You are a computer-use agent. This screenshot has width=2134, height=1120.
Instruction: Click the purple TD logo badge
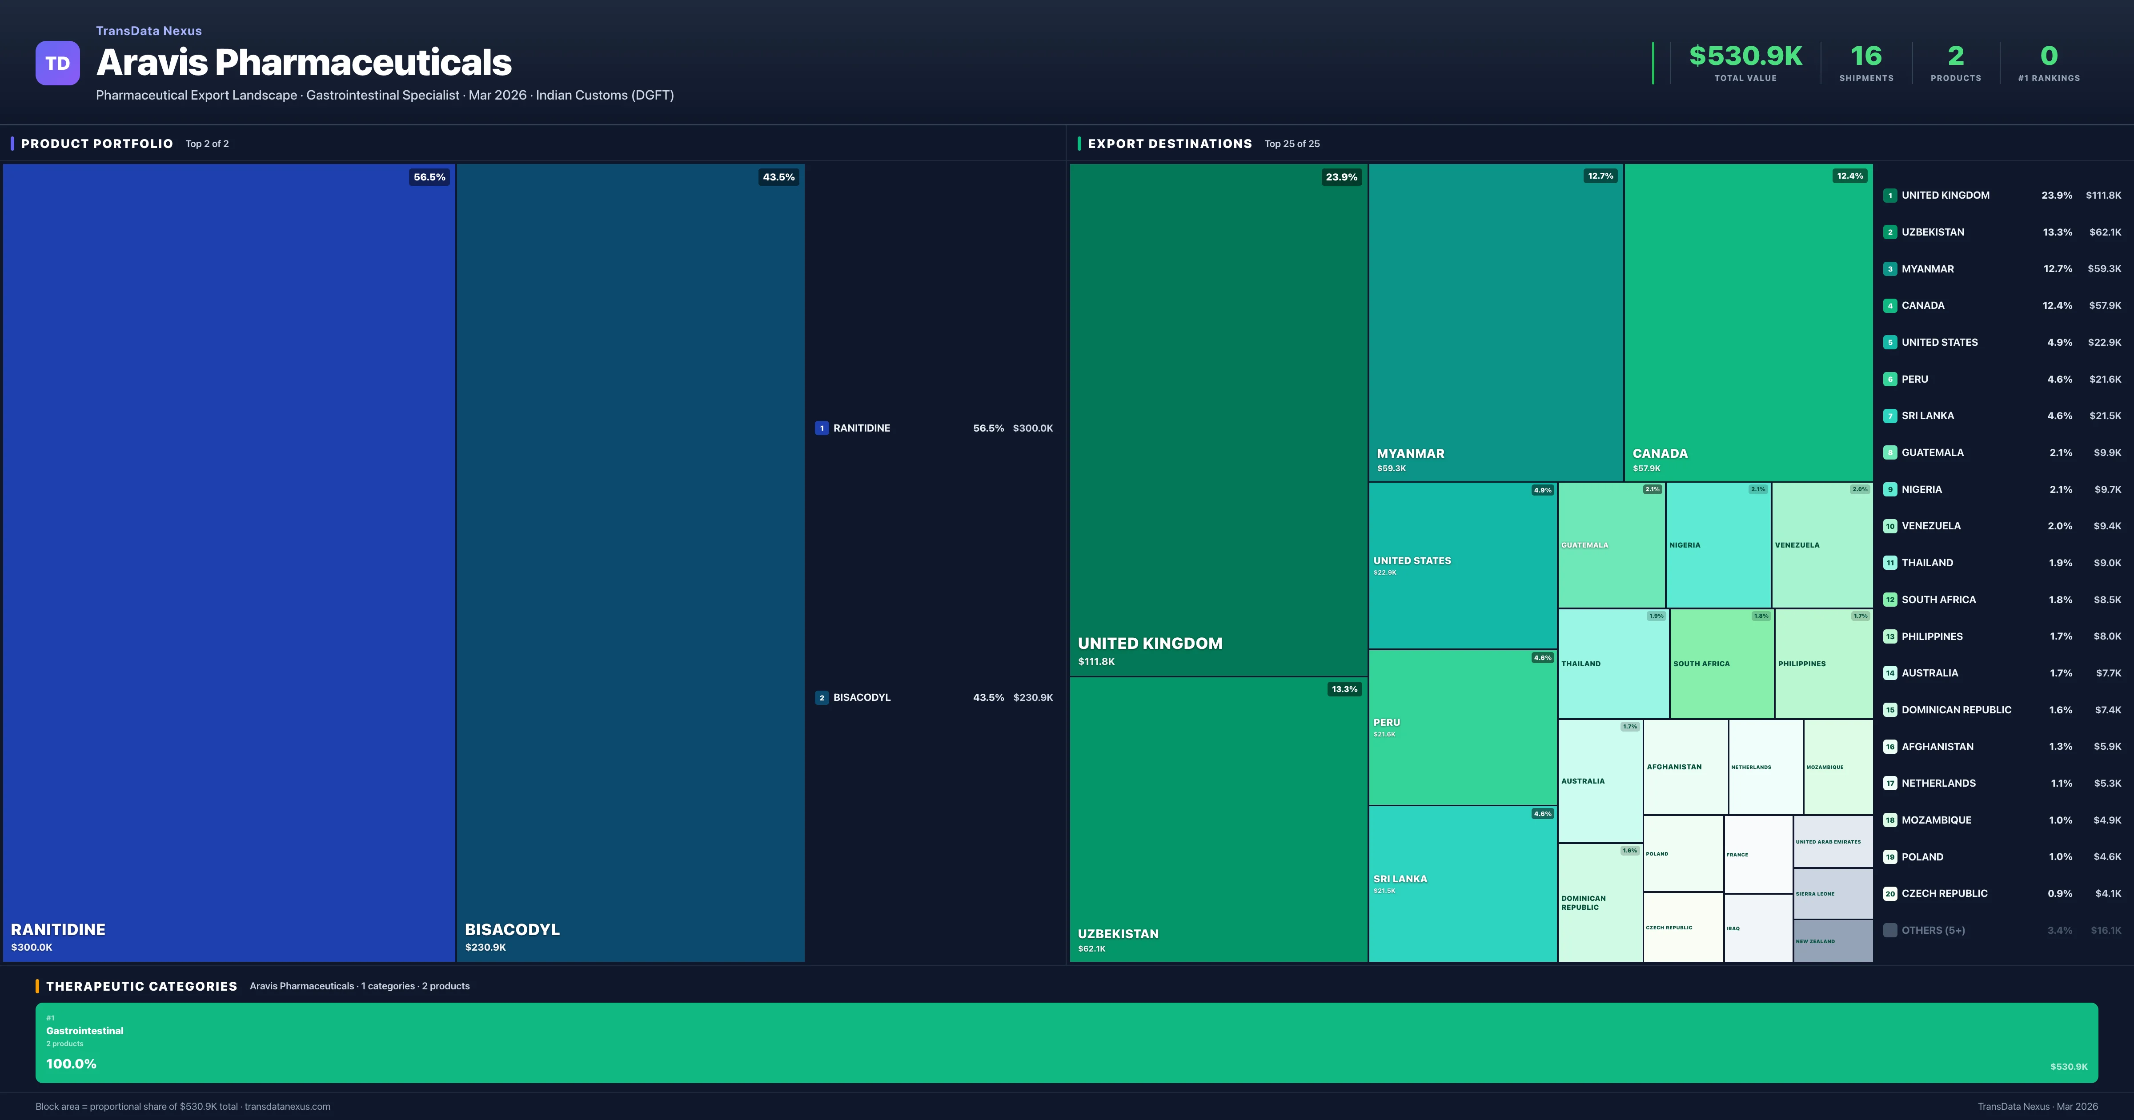pos(57,63)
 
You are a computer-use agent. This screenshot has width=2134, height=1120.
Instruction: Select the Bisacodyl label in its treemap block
pos(512,929)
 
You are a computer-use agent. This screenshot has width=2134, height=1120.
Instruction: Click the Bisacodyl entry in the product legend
pos(862,697)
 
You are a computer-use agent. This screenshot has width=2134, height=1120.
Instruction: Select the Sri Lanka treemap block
pos(1462,883)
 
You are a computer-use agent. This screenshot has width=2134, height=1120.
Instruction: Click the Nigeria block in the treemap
pos(1717,545)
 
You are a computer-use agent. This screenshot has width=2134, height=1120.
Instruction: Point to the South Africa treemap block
pos(1721,664)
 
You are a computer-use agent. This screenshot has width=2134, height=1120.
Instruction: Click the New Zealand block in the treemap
pos(1833,941)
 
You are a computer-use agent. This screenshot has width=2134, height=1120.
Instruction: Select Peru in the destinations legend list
pos(1914,380)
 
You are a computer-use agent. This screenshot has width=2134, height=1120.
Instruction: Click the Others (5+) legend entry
pos(1933,930)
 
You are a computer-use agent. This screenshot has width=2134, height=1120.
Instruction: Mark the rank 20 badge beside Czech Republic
pos(1889,894)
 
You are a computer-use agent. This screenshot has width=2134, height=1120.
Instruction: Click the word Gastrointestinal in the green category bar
pos(84,1031)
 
